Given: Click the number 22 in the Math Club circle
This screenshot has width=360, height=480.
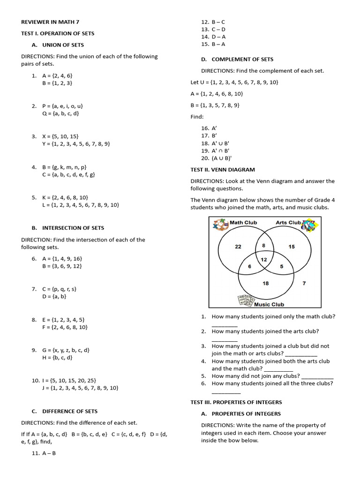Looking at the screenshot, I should (x=238, y=247).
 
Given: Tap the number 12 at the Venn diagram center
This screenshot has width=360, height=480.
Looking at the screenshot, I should (x=264, y=260).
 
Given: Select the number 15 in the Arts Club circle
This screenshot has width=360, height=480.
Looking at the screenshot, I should (x=292, y=247).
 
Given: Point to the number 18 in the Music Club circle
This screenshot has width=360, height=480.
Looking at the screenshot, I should (x=265, y=283).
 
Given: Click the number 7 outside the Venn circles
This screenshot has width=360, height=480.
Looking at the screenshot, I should (x=304, y=283).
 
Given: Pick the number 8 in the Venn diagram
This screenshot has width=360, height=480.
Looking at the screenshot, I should (x=263, y=245).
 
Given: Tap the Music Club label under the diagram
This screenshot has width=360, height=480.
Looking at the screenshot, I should (x=269, y=304).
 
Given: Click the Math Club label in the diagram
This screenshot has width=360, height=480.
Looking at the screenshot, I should (x=243, y=222).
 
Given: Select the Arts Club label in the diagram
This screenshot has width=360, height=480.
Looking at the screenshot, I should (x=288, y=222).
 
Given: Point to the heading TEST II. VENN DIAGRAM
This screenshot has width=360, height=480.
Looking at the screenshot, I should (x=223, y=170).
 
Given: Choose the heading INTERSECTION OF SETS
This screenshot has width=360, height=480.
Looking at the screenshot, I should (x=73, y=228).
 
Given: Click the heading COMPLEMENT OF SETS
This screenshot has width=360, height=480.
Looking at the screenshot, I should (x=242, y=59).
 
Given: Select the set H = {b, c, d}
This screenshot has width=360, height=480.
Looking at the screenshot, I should (x=57, y=358).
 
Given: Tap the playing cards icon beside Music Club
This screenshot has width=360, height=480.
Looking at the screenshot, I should (x=245, y=300).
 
